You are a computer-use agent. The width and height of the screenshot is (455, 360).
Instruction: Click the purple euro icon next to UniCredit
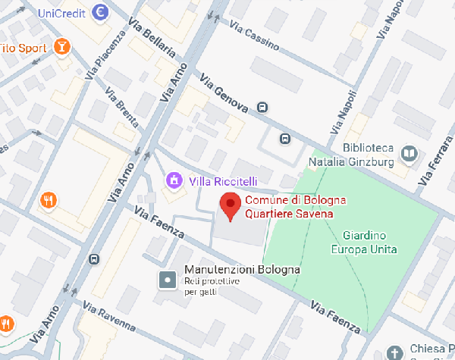tap(99, 12)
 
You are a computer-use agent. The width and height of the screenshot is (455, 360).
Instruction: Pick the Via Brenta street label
tap(122, 112)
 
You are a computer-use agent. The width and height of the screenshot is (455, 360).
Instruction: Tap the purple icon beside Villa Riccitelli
tap(174, 180)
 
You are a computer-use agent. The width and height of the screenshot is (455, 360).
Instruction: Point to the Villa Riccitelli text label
tap(223, 181)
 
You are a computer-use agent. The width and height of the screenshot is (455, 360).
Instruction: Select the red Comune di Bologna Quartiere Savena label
tap(295, 207)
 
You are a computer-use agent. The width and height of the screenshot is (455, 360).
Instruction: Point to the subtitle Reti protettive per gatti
tap(212, 286)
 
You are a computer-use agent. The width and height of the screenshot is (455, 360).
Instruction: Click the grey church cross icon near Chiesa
tap(394, 353)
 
